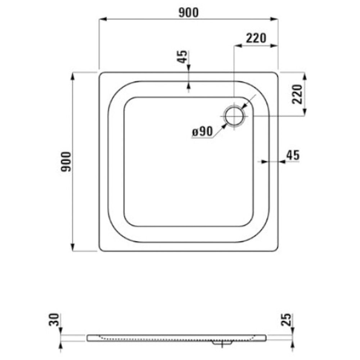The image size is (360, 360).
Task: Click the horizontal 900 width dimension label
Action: [188, 13]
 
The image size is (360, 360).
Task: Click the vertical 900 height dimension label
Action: [66, 162]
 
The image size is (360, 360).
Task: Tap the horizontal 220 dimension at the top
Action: [256, 38]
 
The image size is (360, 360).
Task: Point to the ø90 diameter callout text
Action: [202, 132]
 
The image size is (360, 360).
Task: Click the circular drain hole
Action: [234, 116]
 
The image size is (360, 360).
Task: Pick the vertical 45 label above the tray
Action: [182, 57]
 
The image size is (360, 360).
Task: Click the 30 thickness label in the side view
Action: [54, 320]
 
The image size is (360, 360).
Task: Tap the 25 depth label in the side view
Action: [286, 320]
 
